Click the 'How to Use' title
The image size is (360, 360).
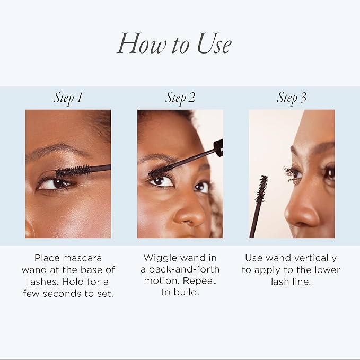(x=174, y=44)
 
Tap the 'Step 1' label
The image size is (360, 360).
(x=68, y=98)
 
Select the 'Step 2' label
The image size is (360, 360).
(x=180, y=98)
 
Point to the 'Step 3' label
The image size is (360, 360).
(x=292, y=98)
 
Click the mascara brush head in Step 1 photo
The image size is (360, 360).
(x=73, y=171)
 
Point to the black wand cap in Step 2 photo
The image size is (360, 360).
(x=218, y=147)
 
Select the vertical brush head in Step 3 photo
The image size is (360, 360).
(x=261, y=190)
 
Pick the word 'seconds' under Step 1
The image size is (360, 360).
(x=62, y=294)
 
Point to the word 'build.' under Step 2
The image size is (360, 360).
(x=186, y=293)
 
